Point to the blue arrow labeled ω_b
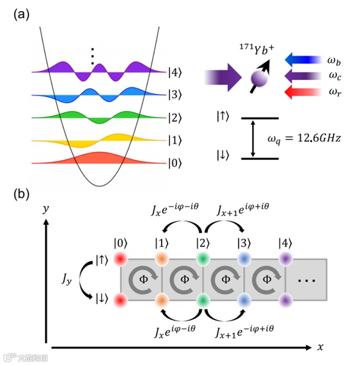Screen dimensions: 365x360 [302, 60]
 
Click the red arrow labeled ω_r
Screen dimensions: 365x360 [302, 91]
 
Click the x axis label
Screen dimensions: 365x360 [320, 347]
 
